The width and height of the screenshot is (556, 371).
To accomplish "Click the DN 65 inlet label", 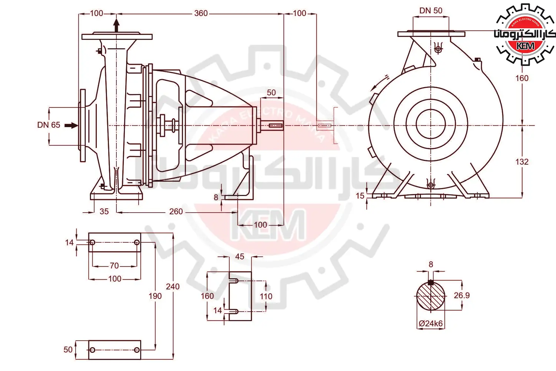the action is [49, 125].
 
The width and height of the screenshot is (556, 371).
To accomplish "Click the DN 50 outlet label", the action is [431, 10].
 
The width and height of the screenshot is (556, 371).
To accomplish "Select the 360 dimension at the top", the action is [201, 13].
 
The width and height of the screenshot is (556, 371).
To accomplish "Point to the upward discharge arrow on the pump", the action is [116, 25].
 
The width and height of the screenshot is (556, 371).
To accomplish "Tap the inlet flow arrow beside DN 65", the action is [71, 125].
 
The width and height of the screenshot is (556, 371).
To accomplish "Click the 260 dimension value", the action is [176, 211].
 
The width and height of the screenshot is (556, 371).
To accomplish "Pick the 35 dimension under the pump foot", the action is [104, 211].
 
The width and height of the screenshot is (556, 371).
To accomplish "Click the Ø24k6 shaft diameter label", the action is [431, 323].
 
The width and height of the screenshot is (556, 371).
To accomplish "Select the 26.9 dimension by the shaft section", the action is [462, 295].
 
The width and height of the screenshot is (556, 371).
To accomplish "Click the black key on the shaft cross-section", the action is [431, 282].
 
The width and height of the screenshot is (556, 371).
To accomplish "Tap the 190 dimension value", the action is [155, 296].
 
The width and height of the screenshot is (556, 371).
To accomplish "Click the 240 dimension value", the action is [173, 286].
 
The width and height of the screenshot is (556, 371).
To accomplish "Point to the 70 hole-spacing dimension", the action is [114, 266].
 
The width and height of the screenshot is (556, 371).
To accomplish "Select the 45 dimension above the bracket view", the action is [239, 256].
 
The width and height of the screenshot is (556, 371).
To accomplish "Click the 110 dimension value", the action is [266, 296].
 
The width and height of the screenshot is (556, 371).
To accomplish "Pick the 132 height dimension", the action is [522, 162].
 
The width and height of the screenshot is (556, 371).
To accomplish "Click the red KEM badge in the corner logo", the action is [525, 46].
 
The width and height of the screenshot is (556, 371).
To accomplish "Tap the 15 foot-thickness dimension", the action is [360, 196].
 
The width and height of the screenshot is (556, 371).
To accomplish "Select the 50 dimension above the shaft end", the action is [271, 92].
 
